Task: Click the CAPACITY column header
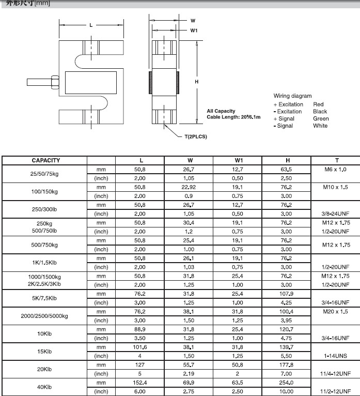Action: (45, 161)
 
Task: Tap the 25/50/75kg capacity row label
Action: (44, 174)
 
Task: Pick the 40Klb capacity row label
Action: (45, 387)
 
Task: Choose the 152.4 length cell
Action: (140, 383)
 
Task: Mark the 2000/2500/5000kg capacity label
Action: (44, 316)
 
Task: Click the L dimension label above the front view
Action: (91, 25)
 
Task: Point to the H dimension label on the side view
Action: (197, 82)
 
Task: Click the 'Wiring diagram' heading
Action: (292, 96)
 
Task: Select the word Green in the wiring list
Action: (321, 119)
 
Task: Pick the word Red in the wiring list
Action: (318, 104)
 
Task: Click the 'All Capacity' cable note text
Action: (221, 111)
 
